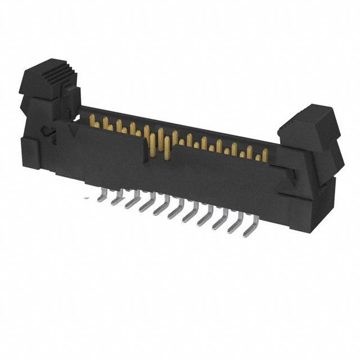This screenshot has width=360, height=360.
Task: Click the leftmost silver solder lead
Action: tap(102, 195)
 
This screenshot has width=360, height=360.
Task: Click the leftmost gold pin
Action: tap(93, 120)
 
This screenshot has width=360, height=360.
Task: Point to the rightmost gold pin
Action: tap(259, 156)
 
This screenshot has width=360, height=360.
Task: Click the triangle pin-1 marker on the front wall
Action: tap(71, 130)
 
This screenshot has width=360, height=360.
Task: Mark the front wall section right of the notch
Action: tap(225, 174)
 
